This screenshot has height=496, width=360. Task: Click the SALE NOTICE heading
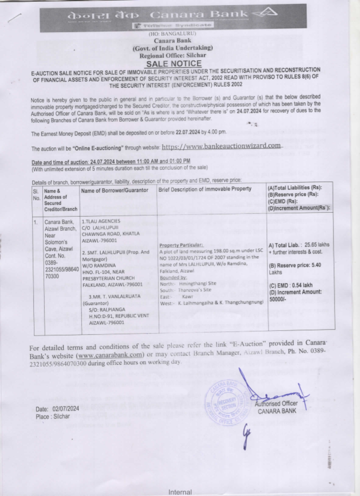(x=174, y=64)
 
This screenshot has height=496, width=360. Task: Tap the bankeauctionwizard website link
(x=221, y=146)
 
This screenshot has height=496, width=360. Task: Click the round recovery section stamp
(x=227, y=402)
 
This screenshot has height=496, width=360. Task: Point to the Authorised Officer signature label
(x=276, y=403)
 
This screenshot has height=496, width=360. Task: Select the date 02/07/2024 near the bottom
(x=66, y=408)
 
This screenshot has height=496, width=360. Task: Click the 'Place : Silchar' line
(x=53, y=416)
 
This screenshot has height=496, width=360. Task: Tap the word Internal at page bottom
(x=180, y=492)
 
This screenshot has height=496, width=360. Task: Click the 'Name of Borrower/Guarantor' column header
(x=114, y=190)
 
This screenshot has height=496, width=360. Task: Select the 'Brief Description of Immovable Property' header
(x=205, y=189)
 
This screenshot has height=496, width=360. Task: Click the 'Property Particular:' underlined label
(x=181, y=245)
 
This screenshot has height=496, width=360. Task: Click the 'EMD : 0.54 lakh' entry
(x=291, y=285)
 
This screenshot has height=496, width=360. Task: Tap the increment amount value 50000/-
(x=277, y=299)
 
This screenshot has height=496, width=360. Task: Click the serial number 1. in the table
(x=35, y=222)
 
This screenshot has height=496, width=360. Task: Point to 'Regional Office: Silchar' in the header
(x=173, y=55)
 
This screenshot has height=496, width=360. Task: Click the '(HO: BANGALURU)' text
(x=173, y=34)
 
